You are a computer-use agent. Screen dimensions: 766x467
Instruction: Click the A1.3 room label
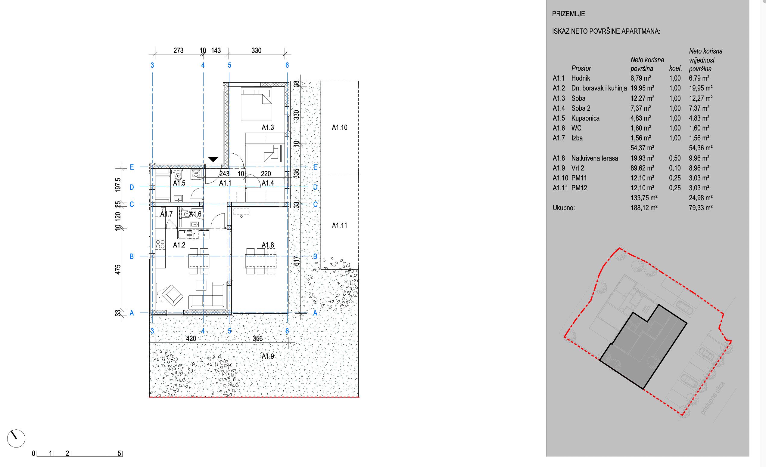click(268, 127)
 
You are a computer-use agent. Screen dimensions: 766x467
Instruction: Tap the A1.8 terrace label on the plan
click(268, 245)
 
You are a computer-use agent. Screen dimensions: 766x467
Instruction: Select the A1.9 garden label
click(268, 356)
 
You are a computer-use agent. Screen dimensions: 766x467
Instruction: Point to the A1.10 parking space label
click(339, 127)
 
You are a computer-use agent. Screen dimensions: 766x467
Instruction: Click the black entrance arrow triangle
click(213, 160)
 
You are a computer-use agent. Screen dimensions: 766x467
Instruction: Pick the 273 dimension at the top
click(179, 50)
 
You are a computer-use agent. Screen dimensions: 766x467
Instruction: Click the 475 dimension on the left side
click(118, 269)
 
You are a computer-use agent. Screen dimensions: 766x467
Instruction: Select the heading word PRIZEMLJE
click(568, 14)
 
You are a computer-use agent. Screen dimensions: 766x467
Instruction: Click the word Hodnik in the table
click(581, 78)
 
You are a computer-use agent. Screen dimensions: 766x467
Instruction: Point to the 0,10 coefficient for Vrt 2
click(675, 168)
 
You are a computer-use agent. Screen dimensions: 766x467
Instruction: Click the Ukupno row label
click(564, 208)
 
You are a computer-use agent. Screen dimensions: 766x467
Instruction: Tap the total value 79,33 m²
click(701, 208)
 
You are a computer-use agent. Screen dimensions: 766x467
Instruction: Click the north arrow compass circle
click(16, 439)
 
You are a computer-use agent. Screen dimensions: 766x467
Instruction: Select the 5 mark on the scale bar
click(119, 453)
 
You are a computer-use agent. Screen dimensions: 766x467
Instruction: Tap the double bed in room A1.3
click(257, 104)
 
